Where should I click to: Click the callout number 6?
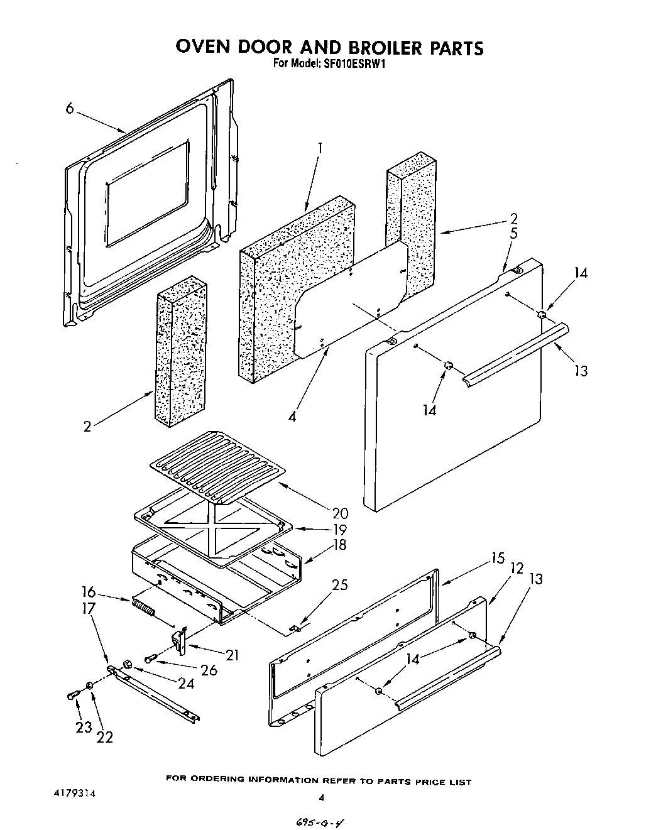[x=70, y=108]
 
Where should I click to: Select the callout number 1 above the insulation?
[x=320, y=148]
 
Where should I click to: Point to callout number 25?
[x=339, y=586]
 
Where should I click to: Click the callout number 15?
[x=498, y=558]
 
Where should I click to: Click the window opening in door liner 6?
[x=147, y=193]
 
